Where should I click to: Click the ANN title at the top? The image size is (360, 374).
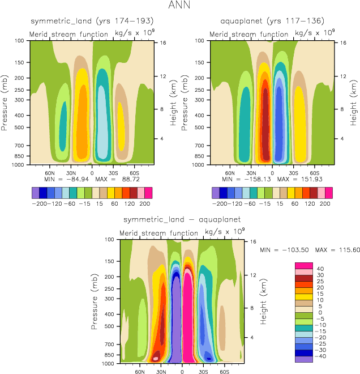180,6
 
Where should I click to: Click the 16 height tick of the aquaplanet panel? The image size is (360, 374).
342,43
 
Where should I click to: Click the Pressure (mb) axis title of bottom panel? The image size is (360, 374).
95,301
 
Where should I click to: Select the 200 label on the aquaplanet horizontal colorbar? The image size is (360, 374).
323,202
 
